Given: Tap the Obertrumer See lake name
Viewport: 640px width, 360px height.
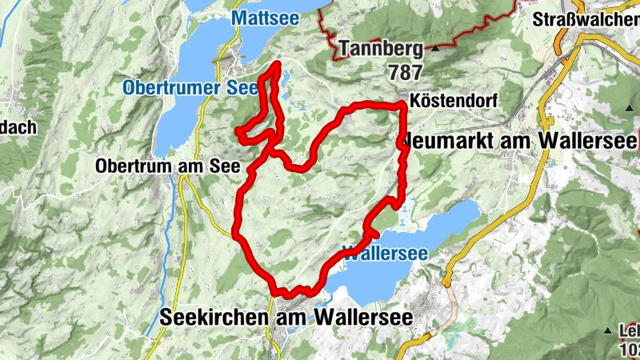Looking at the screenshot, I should tap(190, 88).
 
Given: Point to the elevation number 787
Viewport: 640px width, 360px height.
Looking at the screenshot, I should tap(406, 72).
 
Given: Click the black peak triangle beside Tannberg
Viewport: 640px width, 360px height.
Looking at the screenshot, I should tap(437, 49).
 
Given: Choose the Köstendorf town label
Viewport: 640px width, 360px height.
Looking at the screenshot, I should tap(453, 101).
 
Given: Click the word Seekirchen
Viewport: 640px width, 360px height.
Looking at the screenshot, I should tap(217, 317).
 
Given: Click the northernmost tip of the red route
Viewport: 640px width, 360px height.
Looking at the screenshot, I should tap(277, 63).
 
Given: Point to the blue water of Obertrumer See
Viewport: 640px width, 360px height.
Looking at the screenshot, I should tap(180, 120).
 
